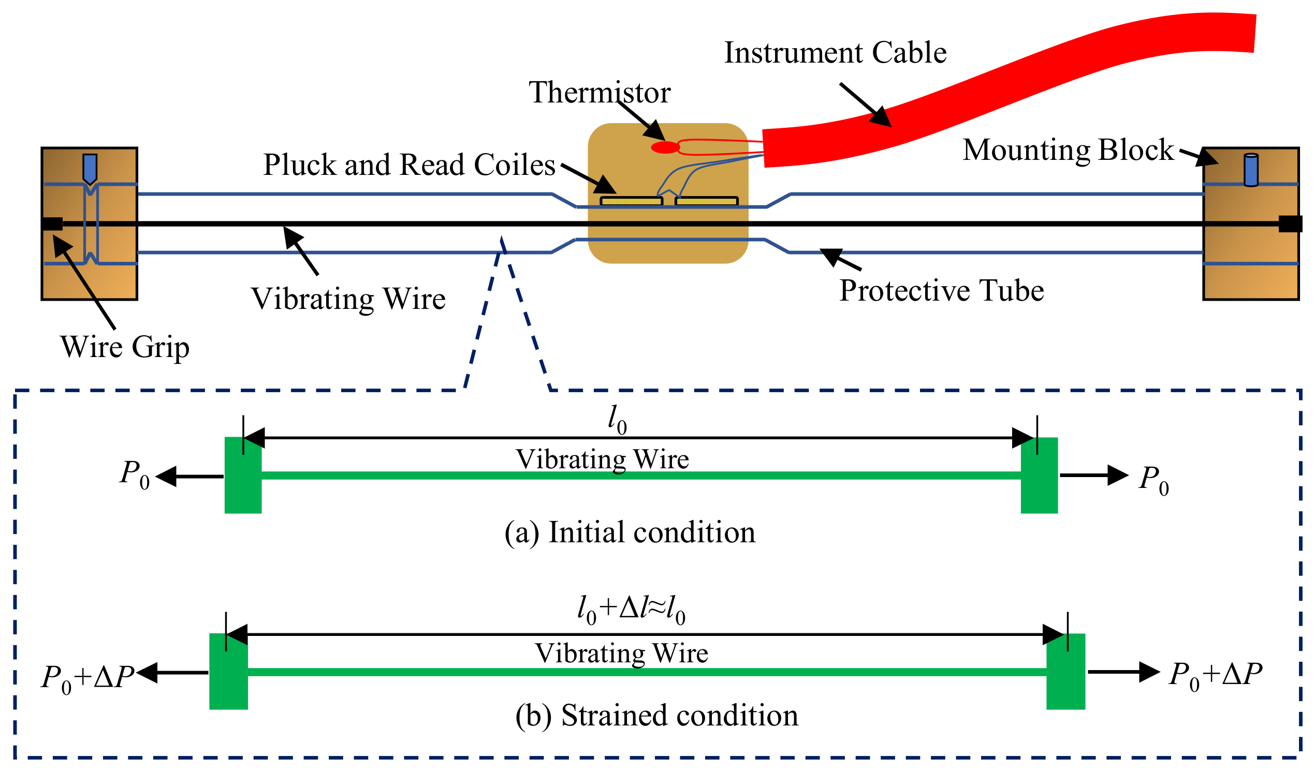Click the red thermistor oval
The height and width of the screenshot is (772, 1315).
click(665, 147)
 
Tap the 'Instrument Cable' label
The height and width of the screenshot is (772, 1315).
click(835, 53)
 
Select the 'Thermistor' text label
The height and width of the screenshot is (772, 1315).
click(600, 92)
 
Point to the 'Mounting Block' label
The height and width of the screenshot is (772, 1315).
click(1068, 151)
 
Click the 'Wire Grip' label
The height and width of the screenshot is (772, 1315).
click(125, 347)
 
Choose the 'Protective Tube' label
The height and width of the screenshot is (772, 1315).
click(941, 291)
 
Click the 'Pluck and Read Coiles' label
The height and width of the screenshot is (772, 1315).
click(409, 165)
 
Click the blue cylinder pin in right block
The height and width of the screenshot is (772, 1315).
click(1251, 170)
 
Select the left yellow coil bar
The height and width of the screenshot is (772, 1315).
click(632, 201)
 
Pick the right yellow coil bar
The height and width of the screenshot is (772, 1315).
click(707, 201)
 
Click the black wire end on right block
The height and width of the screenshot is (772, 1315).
click(1290, 224)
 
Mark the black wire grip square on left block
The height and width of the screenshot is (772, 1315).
click(52, 224)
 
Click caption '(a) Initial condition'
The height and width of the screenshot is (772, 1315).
click(630, 532)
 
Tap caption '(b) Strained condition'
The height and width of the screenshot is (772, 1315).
click(656, 715)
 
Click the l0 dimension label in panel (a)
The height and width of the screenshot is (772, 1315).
click(617, 420)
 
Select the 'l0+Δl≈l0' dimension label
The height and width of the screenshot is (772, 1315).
click(631, 610)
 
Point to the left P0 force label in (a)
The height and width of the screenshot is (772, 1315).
click(135, 475)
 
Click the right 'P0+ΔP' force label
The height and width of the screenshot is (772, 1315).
click(1215, 676)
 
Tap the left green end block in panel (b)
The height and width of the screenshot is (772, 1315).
click(228, 672)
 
